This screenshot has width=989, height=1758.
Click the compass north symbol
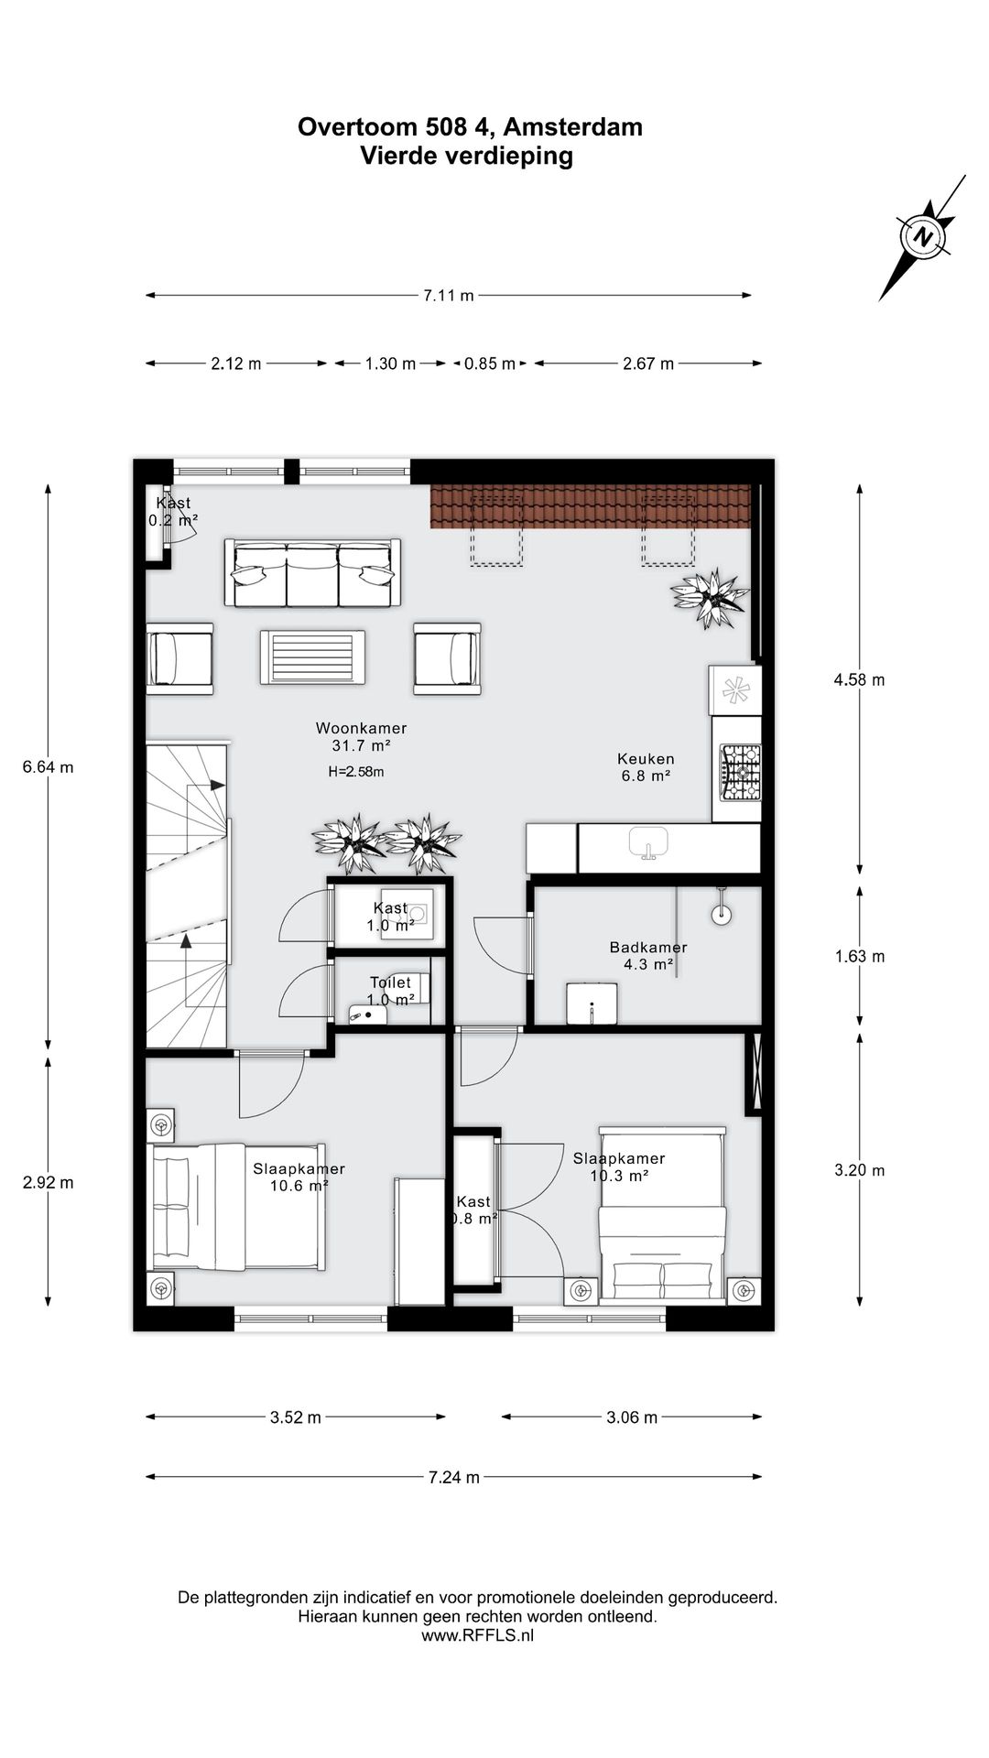point(923,237)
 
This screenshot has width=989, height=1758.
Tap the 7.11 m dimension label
point(448,296)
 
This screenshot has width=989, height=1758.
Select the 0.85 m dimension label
point(489,364)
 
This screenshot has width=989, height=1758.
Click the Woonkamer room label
point(361,729)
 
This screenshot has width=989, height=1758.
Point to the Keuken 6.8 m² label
point(646,767)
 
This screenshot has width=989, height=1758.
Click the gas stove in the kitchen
point(740,773)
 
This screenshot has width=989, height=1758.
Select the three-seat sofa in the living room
point(312,574)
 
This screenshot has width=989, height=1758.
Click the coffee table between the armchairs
point(312,657)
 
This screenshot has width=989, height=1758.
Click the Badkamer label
point(648,948)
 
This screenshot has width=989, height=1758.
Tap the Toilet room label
point(390,982)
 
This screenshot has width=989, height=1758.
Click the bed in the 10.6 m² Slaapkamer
point(236,1207)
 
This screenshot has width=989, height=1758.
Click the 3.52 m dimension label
point(295,1418)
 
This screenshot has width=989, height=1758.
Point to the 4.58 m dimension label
point(859,680)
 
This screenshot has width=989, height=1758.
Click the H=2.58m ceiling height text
point(355,772)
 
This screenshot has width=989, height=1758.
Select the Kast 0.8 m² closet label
point(473,1210)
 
